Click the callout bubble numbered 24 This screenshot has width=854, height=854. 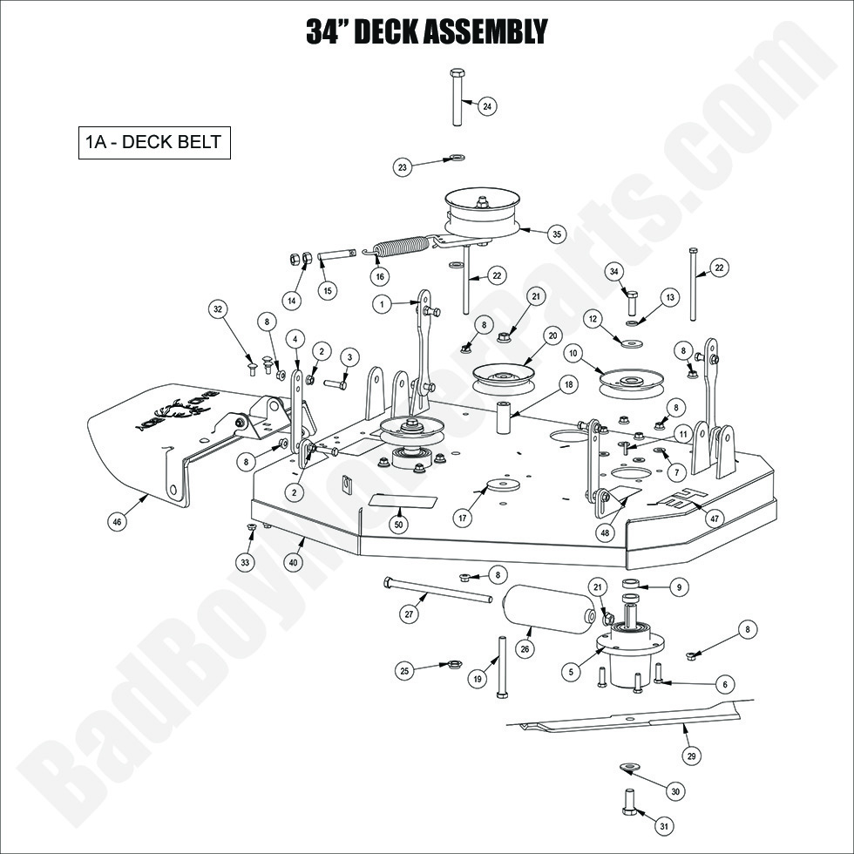coord(487,106)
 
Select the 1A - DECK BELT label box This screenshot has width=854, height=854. coord(153,144)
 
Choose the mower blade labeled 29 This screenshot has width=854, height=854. coord(627,718)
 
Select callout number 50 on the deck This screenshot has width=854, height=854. coord(399,525)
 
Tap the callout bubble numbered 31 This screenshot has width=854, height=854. coord(664,825)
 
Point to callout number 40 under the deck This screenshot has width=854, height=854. coord(293,563)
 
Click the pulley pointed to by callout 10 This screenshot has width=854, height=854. coord(632,382)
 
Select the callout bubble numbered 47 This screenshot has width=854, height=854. coord(714,518)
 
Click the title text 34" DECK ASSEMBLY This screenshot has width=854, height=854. coord(426,30)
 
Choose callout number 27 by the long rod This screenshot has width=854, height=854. coord(409,614)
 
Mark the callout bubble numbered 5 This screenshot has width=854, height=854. coord(570,672)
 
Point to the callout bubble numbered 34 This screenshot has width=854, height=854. coord(614,273)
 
